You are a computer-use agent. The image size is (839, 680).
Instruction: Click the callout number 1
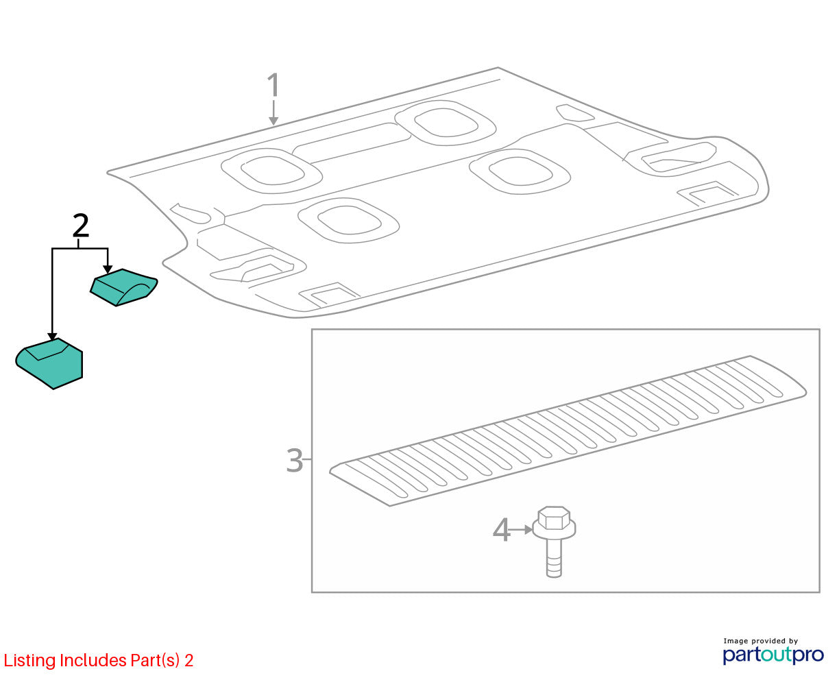tap(273, 84)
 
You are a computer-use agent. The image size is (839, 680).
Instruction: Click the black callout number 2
tap(81, 226)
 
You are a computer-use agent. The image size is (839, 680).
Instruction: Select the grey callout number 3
tap(295, 460)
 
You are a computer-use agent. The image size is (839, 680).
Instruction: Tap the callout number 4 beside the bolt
tap(502, 530)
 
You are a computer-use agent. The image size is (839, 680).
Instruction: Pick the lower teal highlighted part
tap(49, 363)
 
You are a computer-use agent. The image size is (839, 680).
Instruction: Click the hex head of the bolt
tap(553, 518)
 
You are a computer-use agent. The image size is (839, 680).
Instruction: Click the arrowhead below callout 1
tap(273, 121)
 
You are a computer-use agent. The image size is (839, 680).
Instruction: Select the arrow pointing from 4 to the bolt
tap(521, 530)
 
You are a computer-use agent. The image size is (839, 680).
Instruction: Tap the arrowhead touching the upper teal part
tap(108, 269)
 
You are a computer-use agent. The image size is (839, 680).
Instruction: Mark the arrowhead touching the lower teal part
tap(52, 337)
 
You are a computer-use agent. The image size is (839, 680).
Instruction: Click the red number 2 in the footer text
tap(189, 661)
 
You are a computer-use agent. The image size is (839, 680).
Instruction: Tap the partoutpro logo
tap(773, 655)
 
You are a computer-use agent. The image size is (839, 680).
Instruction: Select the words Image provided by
tap(760, 641)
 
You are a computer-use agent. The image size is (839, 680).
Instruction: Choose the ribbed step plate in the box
tap(568, 430)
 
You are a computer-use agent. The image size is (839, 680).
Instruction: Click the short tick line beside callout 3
tap(307, 459)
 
